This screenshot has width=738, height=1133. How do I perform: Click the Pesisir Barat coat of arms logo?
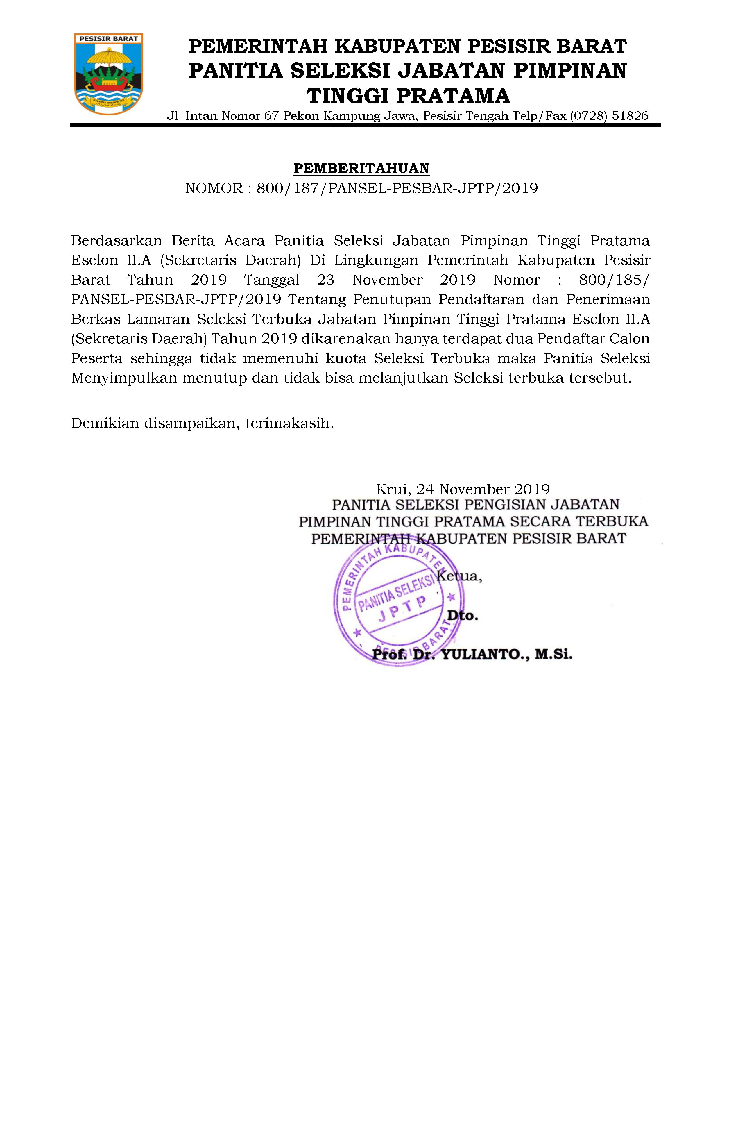(x=108, y=74)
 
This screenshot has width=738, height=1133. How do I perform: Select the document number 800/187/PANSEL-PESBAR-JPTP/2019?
(x=397, y=189)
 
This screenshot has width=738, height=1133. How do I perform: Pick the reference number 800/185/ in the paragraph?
(x=613, y=280)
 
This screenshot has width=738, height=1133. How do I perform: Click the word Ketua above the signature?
(x=459, y=576)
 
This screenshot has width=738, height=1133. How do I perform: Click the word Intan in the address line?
(x=201, y=116)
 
